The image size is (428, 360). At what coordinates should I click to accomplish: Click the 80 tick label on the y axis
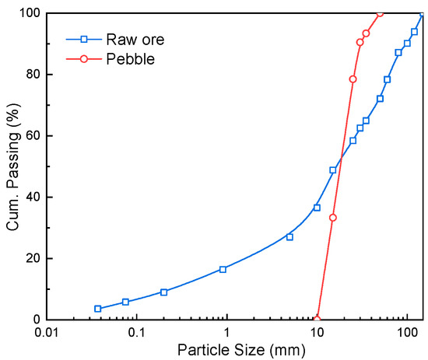pos(33,75)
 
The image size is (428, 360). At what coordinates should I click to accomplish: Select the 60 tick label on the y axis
pos(33,136)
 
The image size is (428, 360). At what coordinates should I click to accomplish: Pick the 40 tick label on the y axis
pos(33,197)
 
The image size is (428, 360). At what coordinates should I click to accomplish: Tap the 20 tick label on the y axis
pos(33,258)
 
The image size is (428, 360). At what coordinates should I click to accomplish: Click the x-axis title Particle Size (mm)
pos(234,350)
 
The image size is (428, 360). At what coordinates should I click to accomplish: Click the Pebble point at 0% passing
pos(317,319)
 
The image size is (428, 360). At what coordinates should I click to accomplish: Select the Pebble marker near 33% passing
pos(333,218)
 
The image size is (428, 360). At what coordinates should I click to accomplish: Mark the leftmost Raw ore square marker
pos(98,309)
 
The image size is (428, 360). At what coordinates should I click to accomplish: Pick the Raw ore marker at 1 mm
pos(223,269)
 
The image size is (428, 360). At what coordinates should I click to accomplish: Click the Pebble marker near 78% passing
pos(353,79)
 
